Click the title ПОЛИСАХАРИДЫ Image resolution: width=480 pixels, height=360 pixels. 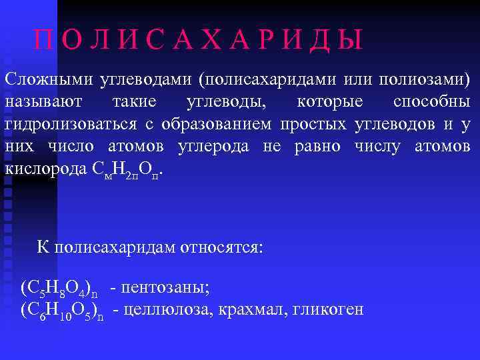[199, 41]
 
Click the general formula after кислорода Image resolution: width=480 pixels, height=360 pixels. [127, 169]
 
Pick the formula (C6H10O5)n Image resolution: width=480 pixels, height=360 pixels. [63, 311]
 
